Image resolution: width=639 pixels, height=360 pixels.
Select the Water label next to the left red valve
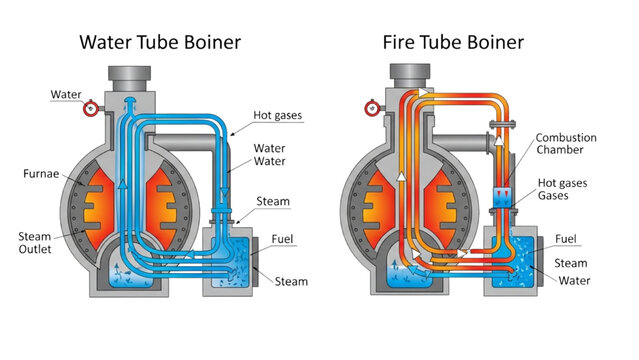tap(66, 95)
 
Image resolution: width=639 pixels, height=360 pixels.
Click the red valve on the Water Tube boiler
tap(91, 108)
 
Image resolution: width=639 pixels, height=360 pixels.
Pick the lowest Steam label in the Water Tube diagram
tap(291, 282)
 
